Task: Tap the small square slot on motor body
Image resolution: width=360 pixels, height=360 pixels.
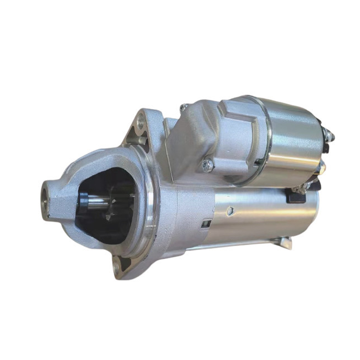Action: point(205,224)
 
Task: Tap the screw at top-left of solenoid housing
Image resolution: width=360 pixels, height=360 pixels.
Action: point(184,107)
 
